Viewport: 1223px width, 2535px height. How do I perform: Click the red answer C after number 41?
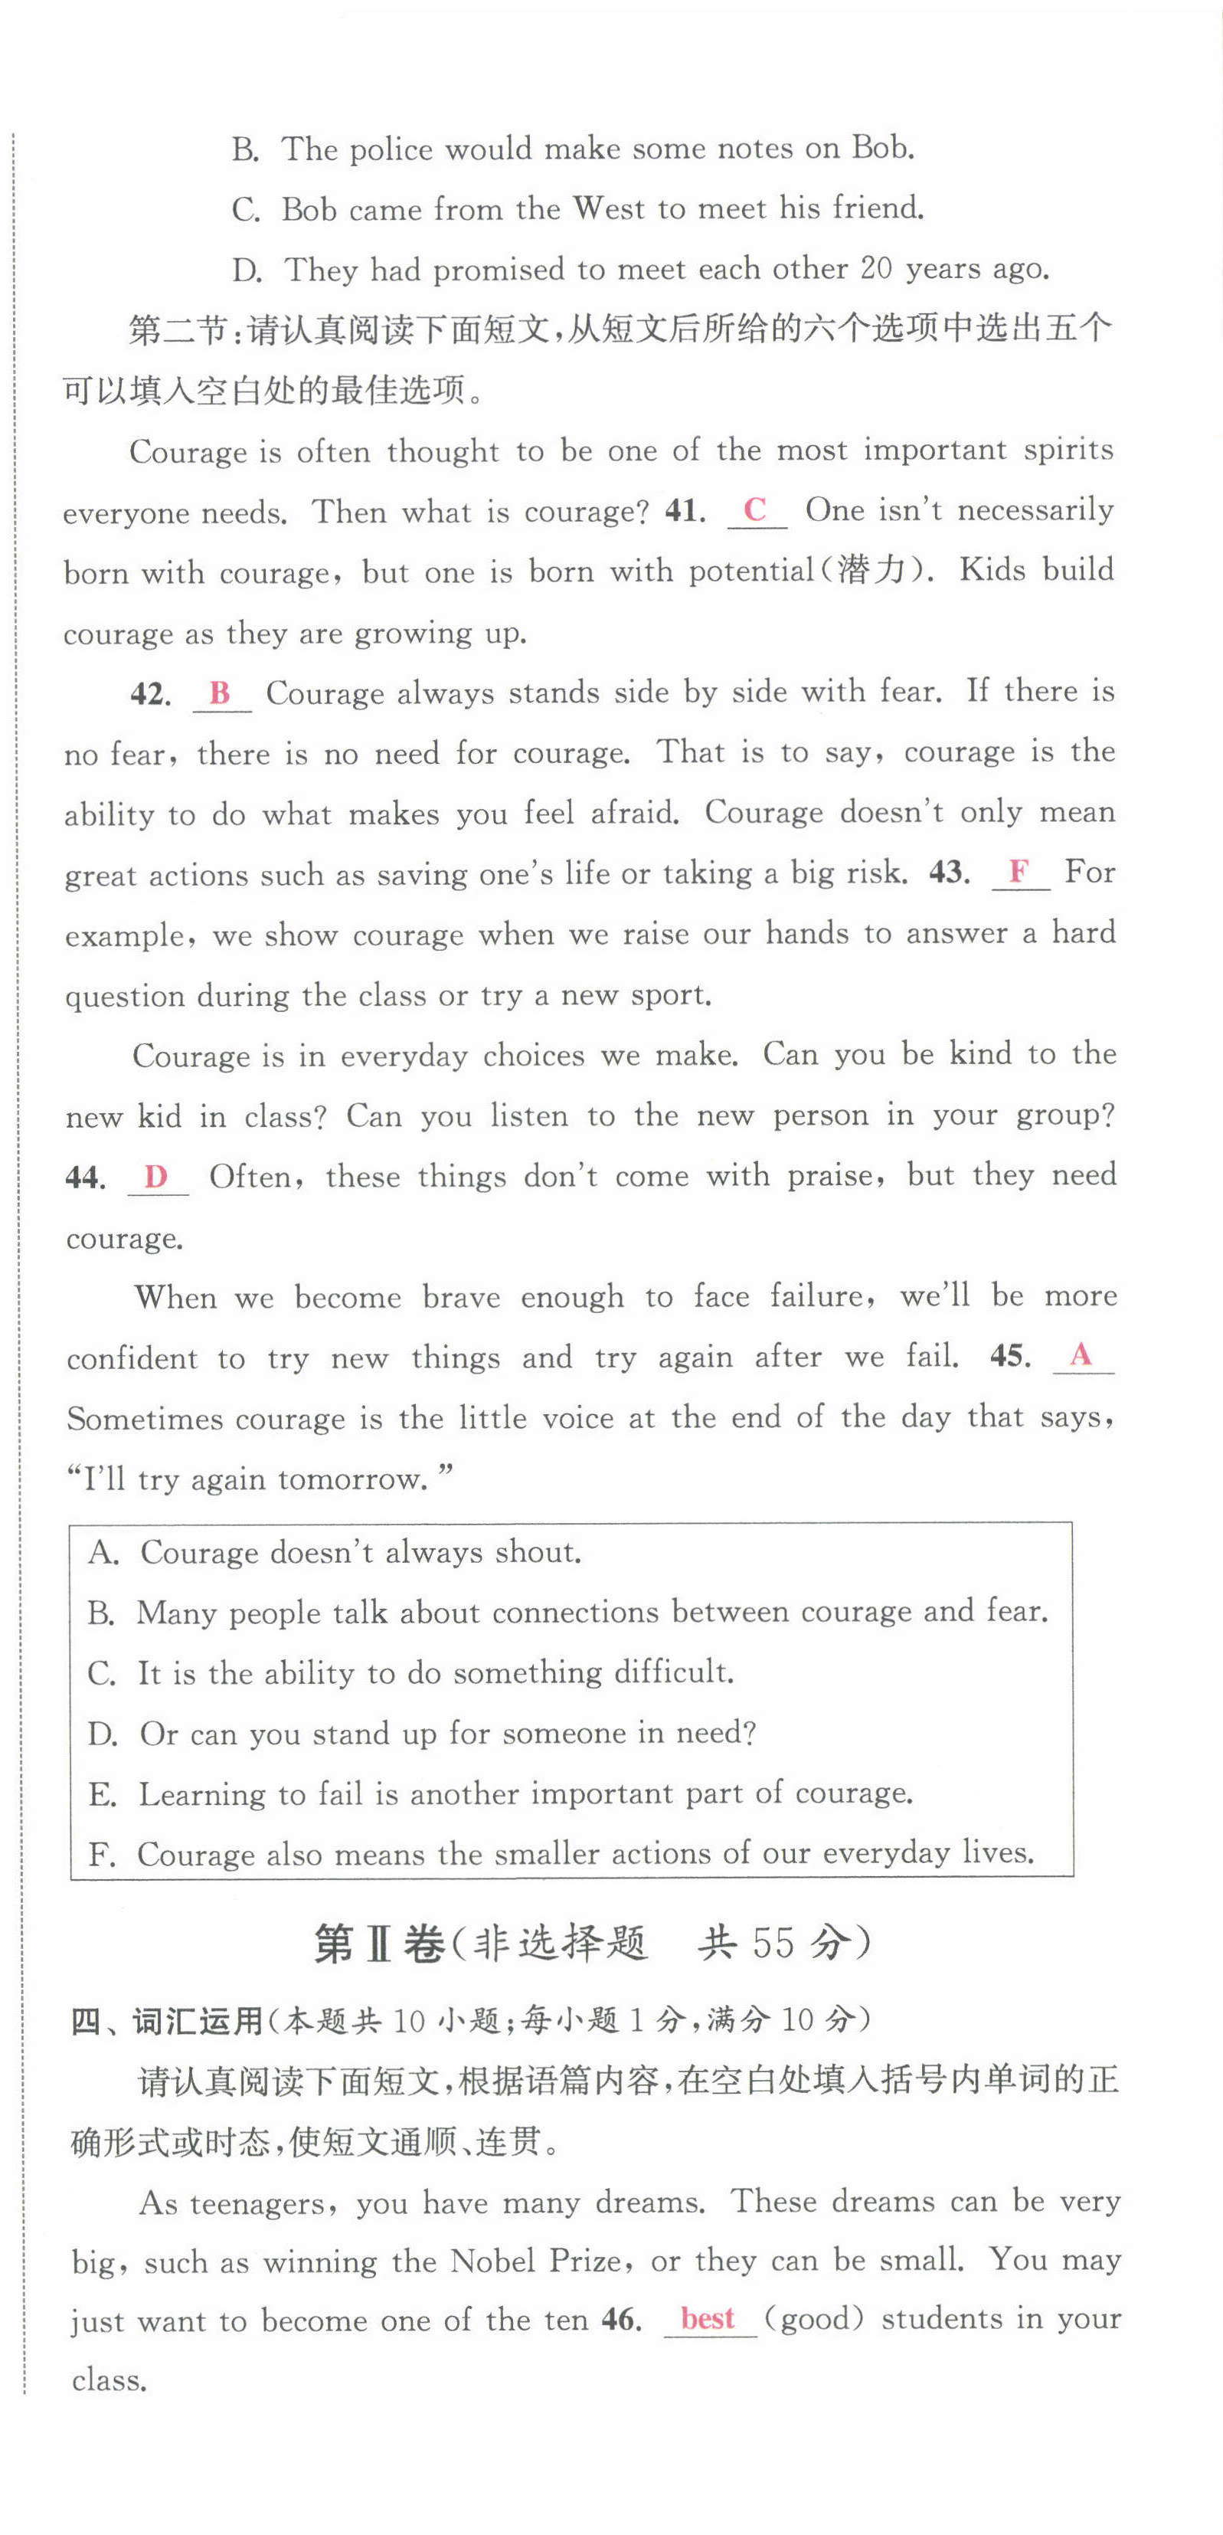(x=754, y=509)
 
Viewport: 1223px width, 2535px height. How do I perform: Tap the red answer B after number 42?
(x=220, y=692)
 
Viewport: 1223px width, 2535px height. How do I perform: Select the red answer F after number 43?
(x=1019, y=871)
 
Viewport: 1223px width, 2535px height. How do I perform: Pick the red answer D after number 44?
(x=155, y=1176)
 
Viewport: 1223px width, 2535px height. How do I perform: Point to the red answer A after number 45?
(x=1081, y=1354)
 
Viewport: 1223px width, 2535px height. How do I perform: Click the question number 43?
(x=949, y=872)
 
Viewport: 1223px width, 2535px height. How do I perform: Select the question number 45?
(x=1009, y=1355)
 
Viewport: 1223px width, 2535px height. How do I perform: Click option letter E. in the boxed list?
(x=103, y=1794)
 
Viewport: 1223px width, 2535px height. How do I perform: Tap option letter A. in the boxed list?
(x=103, y=1552)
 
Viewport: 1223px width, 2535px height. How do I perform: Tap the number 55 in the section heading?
(x=773, y=1941)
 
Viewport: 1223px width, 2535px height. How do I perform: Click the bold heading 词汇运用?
(x=197, y=2021)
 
